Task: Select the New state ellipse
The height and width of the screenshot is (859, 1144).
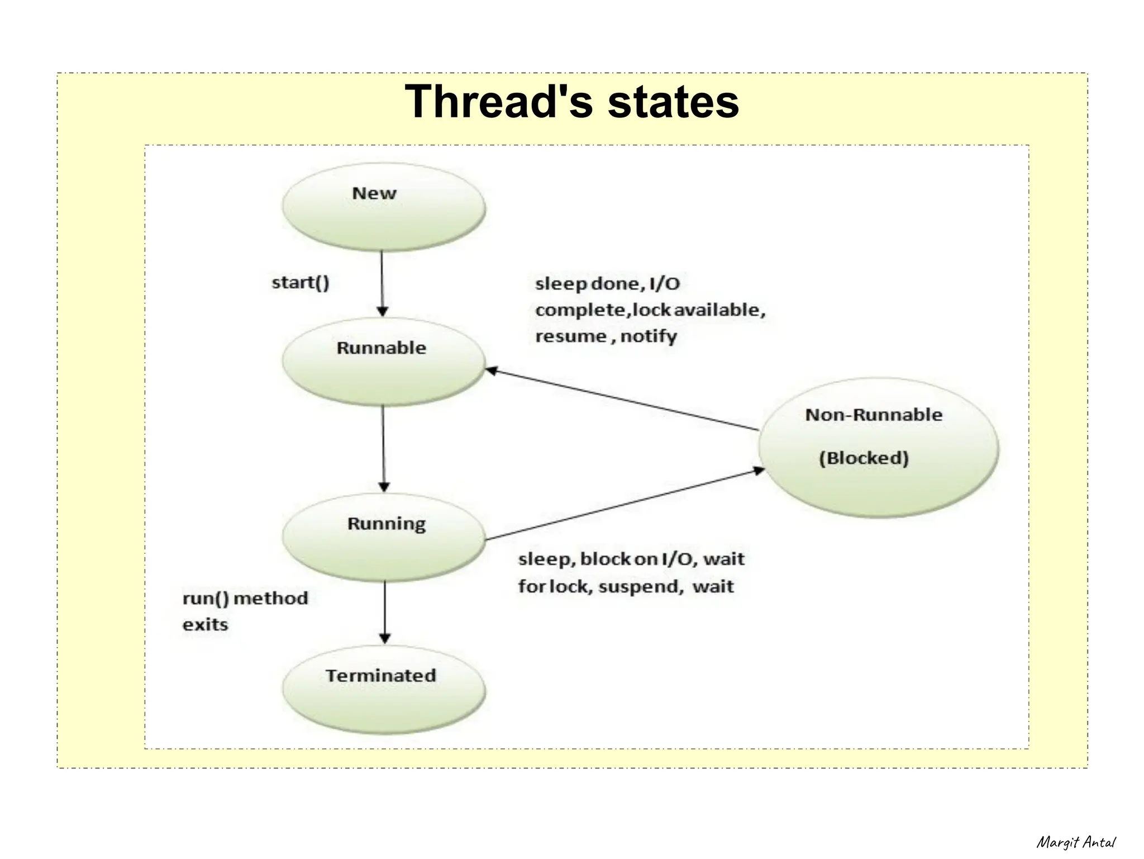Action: pyautogui.click(x=383, y=207)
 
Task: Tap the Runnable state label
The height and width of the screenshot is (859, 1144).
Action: pyautogui.click(x=381, y=348)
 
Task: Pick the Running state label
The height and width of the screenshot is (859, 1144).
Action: pyautogui.click(x=386, y=524)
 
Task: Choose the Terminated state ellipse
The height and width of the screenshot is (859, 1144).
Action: pyautogui.click(x=383, y=690)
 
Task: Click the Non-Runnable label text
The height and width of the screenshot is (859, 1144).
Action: pyautogui.click(x=873, y=415)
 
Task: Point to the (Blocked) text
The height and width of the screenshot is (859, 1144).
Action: pyautogui.click(x=864, y=458)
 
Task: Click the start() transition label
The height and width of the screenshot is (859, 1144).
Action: pyautogui.click(x=301, y=283)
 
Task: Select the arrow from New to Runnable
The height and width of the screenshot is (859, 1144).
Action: pyautogui.click(x=382, y=282)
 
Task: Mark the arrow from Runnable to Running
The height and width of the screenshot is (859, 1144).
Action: pyautogui.click(x=383, y=447)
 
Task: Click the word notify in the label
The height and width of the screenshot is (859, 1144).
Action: pyautogui.click(x=649, y=336)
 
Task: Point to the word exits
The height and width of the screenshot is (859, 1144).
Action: pyautogui.click(x=205, y=625)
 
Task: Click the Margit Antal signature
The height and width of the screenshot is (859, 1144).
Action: pyautogui.click(x=1076, y=842)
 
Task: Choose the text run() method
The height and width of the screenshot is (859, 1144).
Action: pyautogui.click(x=245, y=599)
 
